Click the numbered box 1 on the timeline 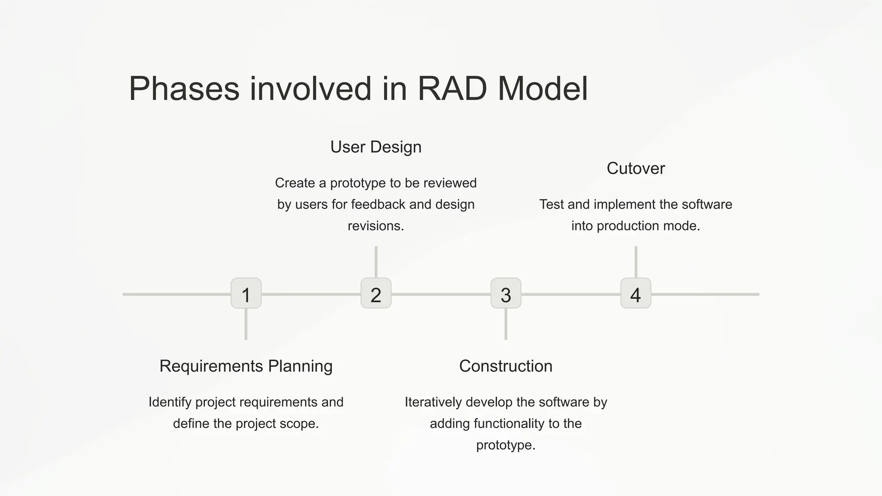(x=246, y=293)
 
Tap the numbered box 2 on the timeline (x=376, y=293)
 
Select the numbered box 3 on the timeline (x=506, y=293)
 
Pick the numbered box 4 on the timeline (x=636, y=293)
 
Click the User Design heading (x=376, y=147)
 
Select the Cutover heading (x=636, y=168)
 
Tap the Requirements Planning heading (x=246, y=366)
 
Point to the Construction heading (x=506, y=366)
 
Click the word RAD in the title (x=452, y=89)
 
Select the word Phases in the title (x=184, y=89)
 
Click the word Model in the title (x=543, y=89)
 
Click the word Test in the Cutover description (x=551, y=205)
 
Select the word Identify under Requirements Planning (x=170, y=402)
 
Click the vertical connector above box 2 (x=376, y=262)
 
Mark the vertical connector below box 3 (x=506, y=324)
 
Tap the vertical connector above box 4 (x=636, y=262)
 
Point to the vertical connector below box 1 (x=246, y=324)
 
